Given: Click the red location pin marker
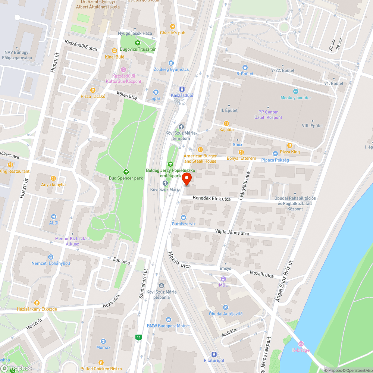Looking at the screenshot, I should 186,179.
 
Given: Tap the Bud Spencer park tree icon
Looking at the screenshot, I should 126,172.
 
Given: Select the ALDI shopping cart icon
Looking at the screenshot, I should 54,216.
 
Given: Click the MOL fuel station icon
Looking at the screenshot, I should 223,279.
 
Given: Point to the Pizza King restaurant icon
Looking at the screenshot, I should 289,145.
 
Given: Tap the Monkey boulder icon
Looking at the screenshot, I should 296,91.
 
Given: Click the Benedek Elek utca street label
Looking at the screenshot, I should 211,199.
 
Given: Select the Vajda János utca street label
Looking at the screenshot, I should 232,233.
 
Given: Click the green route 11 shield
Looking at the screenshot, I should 139,337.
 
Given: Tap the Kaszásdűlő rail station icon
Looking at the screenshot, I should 182,89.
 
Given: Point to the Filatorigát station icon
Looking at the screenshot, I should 214,354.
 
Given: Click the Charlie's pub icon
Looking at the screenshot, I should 172,26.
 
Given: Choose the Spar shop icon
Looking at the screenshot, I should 156,92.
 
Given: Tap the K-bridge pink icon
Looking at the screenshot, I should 301,344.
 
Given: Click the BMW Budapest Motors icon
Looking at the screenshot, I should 169,319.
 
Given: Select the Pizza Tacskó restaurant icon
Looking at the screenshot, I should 93,90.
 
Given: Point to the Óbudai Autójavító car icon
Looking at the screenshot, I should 225,307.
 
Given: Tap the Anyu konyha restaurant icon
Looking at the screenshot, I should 53,178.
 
